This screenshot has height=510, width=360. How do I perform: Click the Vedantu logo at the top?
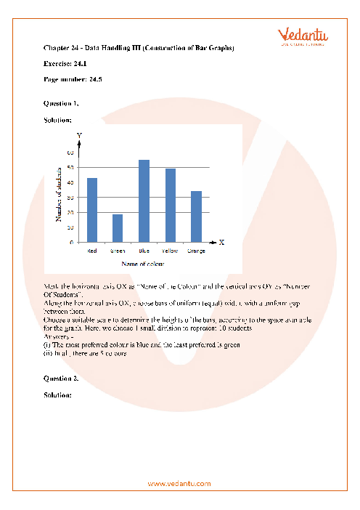coord(300,36)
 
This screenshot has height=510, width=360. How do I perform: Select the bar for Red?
coord(92,210)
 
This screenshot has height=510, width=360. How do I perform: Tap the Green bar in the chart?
coord(118,228)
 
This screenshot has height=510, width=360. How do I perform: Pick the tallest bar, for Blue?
coord(144,201)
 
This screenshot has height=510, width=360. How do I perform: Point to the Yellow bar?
coord(171,206)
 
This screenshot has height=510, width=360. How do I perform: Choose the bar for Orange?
coord(196,216)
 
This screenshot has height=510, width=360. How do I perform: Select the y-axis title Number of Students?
coord(59,194)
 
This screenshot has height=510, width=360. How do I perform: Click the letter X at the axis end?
coord(221,242)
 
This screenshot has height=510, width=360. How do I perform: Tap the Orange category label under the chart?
coord(196,251)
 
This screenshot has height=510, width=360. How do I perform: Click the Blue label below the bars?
coord(144,251)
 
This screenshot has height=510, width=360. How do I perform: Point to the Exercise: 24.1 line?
coord(65,64)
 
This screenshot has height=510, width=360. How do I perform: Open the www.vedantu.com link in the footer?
coord(179,483)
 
